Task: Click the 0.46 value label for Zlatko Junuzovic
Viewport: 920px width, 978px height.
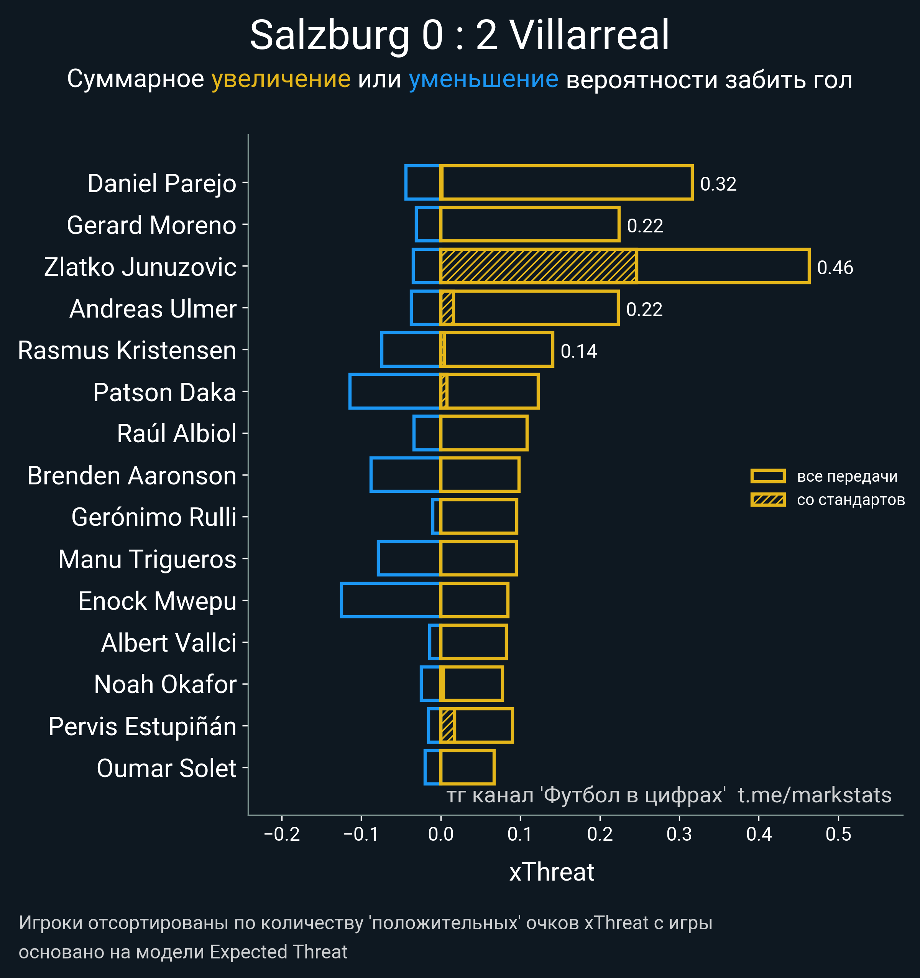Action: click(x=835, y=268)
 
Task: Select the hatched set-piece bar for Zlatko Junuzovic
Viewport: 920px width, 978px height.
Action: click(x=539, y=266)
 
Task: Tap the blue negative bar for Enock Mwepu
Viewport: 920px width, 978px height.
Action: click(x=390, y=600)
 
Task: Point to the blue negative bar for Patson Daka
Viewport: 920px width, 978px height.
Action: click(x=394, y=391)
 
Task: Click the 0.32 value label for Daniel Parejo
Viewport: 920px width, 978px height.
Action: click(x=718, y=184)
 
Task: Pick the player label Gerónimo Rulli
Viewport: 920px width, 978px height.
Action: click(x=154, y=517)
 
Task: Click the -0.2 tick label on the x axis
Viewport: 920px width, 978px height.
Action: click(x=282, y=834)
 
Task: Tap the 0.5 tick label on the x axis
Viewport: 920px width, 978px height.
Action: click(x=838, y=834)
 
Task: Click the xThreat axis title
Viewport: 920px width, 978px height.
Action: click(x=552, y=872)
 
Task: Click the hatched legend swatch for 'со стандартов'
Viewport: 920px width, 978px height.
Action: click(x=767, y=499)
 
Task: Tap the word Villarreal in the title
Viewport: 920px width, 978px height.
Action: click(x=589, y=35)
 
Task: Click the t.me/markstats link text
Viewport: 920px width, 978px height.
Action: click(x=814, y=795)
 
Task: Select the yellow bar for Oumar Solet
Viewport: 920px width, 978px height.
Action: click(x=467, y=767)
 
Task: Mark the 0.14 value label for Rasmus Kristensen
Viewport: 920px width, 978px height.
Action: click(x=579, y=351)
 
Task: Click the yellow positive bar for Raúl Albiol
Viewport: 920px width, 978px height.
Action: click(x=484, y=433)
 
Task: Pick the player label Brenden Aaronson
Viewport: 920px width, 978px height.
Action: click(x=132, y=476)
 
